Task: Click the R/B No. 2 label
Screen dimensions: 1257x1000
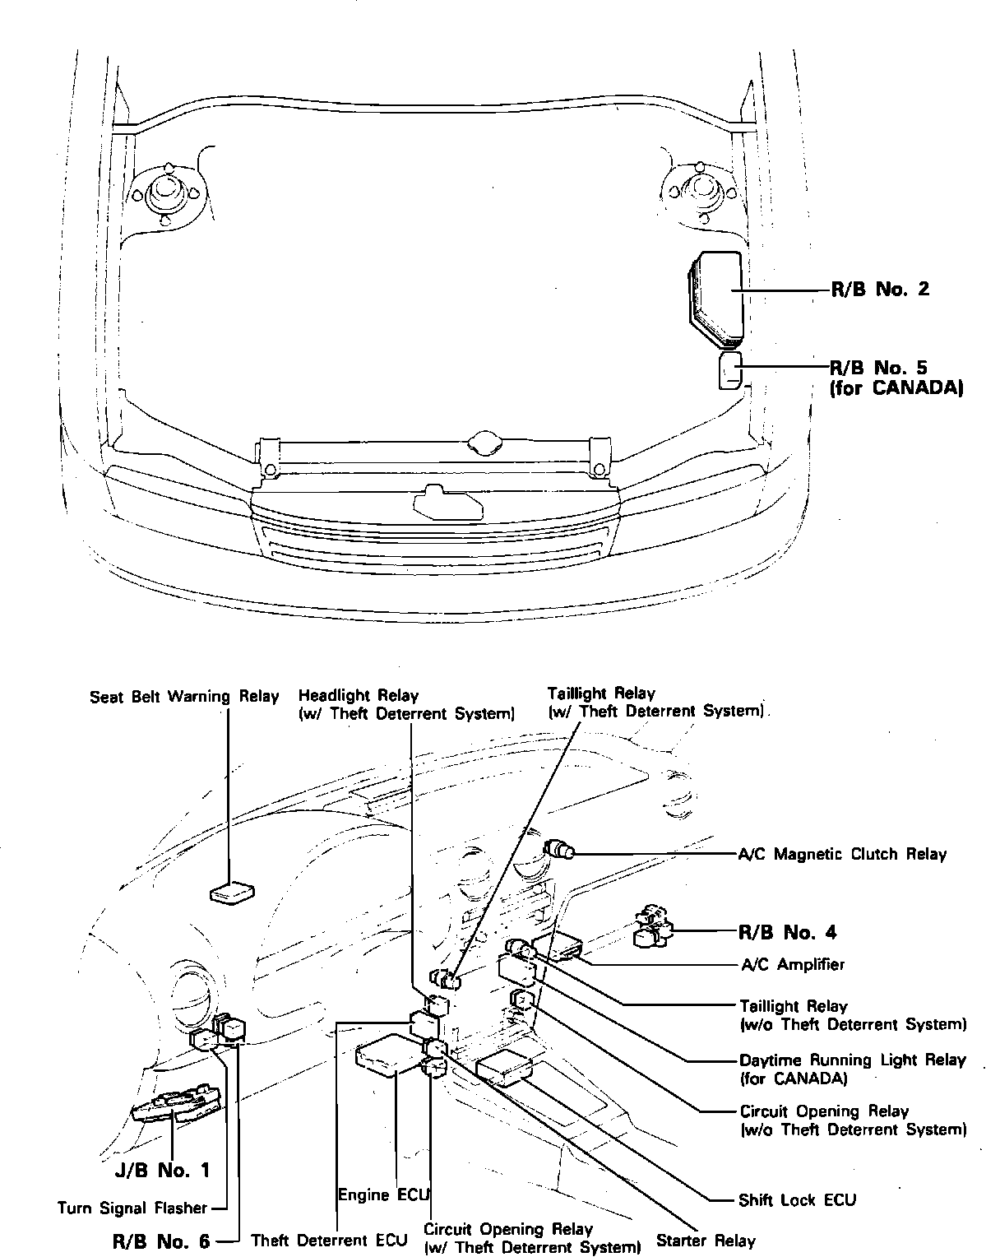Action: tap(880, 290)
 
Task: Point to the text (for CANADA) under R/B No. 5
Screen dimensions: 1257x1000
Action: tap(896, 388)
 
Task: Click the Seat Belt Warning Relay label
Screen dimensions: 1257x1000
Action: tap(184, 697)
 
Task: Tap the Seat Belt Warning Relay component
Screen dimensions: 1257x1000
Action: tap(233, 893)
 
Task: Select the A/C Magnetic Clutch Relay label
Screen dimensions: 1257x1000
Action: tap(843, 854)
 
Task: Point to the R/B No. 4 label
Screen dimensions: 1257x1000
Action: tap(787, 932)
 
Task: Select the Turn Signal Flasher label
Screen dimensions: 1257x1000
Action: tap(132, 1208)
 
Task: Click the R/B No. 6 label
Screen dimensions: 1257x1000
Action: tap(161, 1241)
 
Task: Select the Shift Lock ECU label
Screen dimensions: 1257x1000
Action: tap(797, 1200)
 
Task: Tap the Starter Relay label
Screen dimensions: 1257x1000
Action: tap(706, 1241)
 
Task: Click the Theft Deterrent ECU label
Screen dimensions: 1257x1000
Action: tap(329, 1241)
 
